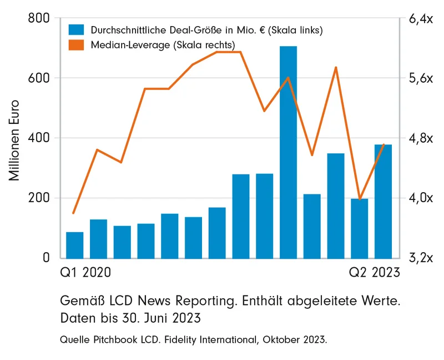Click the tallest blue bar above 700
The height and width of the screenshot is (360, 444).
click(288, 153)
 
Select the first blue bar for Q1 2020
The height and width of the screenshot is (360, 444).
click(74, 245)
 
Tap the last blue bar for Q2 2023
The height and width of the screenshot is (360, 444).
click(383, 201)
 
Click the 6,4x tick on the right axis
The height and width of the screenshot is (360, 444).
click(420, 19)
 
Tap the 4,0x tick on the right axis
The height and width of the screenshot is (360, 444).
click(420, 198)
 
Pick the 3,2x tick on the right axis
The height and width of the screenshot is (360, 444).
click(420, 258)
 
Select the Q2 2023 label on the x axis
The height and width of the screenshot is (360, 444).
click(374, 273)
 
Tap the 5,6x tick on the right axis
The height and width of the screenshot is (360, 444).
click(420, 78)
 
